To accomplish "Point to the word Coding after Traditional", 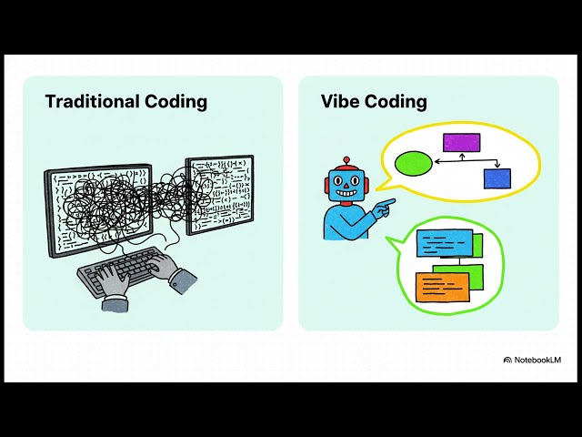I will [x=176, y=101].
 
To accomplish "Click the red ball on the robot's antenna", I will [x=346, y=161].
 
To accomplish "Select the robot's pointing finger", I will [x=390, y=201].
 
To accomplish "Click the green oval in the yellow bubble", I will [x=414, y=164].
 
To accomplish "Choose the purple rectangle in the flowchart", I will [x=461, y=142].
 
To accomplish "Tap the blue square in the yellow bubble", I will [x=497, y=178].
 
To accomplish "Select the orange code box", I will [x=442, y=287].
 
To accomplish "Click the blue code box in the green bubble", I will [x=445, y=244].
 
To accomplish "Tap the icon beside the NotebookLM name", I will [x=507, y=360].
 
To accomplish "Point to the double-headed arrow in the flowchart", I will [x=462, y=164].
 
